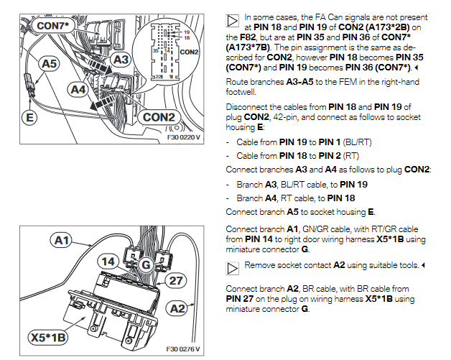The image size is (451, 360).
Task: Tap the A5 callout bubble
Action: (x=49, y=65)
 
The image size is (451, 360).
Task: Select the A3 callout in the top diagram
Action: (x=121, y=59)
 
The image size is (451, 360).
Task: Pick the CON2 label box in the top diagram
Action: (x=159, y=116)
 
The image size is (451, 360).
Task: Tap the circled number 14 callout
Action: (x=107, y=263)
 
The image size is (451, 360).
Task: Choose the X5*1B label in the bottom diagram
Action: (x=48, y=337)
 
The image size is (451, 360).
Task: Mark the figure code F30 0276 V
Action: (x=183, y=349)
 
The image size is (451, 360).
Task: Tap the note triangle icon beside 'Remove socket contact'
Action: (x=233, y=267)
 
